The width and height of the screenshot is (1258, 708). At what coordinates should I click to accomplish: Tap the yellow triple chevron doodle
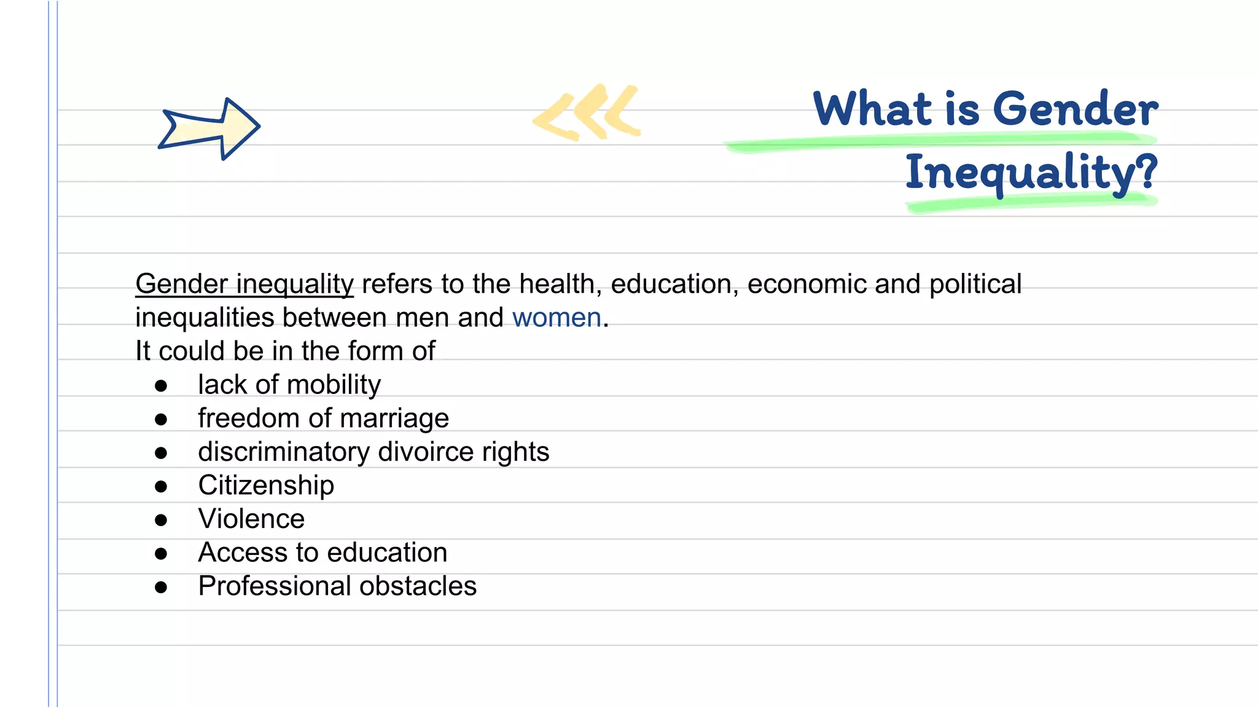pyautogui.click(x=587, y=112)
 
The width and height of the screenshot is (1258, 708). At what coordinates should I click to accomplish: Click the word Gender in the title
pyautogui.click(x=1075, y=109)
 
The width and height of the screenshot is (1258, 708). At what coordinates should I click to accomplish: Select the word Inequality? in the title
pyautogui.click(x=1031, y=173)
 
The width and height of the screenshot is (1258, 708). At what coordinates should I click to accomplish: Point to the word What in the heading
pyautogui.click(x=873, y=109)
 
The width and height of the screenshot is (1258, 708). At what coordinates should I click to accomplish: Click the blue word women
pyautogui.click(x=557, y=318)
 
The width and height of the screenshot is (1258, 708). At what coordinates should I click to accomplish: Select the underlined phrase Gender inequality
pyautogui.click(x=244, y=285)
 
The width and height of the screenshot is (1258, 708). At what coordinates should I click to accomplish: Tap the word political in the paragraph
pyautogui.click(x=975, y=285)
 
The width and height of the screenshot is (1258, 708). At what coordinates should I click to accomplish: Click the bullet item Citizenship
pyautogui.click(x=266, y=486)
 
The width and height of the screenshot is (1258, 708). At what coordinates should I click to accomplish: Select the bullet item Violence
pyautogui.click(x=251, y=519)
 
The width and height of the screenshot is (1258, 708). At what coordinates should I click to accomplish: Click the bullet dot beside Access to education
pyautogui.click(x=161, y=554)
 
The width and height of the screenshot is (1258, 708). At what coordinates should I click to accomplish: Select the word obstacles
pyautogui.click(x=418, y=586)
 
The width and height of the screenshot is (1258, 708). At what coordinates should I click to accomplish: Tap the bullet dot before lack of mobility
pyautogui.click(x=161, y=386)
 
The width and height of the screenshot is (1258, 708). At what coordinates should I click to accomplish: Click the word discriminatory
pyautogui.click(x=284, y=452)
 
